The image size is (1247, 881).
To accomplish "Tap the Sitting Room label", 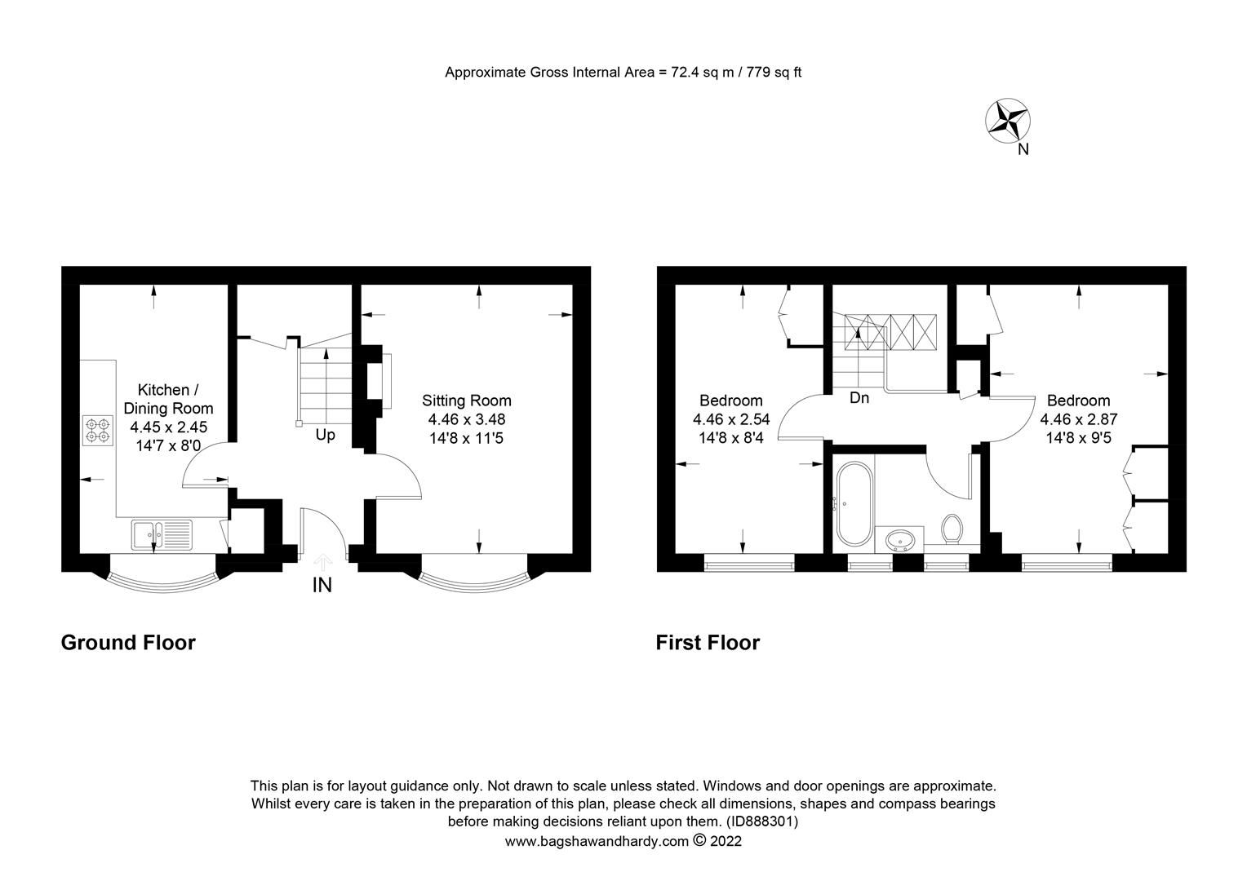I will click(466, 401).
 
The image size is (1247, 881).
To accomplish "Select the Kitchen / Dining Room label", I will click(168, 399).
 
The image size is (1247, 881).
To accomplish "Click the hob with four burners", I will click(98, 430).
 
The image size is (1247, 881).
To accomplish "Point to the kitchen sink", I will click(161, 535).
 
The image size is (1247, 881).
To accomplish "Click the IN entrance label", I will click(322, 585).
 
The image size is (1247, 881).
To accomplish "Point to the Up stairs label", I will click(325, 435).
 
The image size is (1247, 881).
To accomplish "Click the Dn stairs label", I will click(859, 398).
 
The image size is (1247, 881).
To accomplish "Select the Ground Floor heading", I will click(128, 643).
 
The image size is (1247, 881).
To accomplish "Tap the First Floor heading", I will click(708, 643).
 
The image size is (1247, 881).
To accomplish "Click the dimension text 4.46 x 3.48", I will click(466, 419).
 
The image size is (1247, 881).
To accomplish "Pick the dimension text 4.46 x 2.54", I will click(731, 419).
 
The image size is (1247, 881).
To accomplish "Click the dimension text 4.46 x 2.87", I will click(1078, 419).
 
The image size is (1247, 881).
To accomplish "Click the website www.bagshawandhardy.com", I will click(597, 841).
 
